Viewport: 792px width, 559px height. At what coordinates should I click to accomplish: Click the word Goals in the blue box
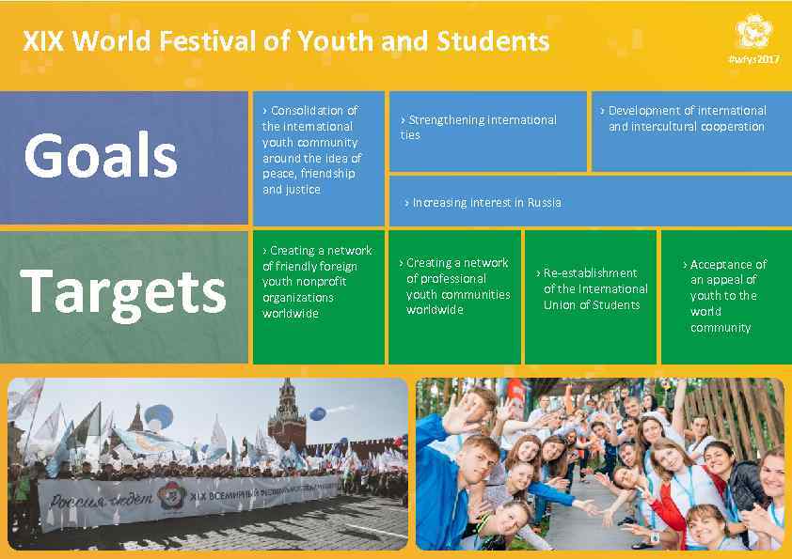tap(101, 155)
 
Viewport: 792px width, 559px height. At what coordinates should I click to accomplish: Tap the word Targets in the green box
tap(123, 291)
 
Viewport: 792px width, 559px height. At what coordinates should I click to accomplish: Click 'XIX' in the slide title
tap(42, 41)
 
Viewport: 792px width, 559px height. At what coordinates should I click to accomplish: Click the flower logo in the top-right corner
tap(753, 34)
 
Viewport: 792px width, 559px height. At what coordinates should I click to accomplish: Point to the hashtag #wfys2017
tap(753, 59)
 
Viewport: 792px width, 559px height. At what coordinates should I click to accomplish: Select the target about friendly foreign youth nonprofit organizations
tap(316, 282)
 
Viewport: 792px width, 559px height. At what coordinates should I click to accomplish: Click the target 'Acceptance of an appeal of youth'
tap(727, 296)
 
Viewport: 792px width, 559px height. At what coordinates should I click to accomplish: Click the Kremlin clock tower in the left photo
tap(286, 414)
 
